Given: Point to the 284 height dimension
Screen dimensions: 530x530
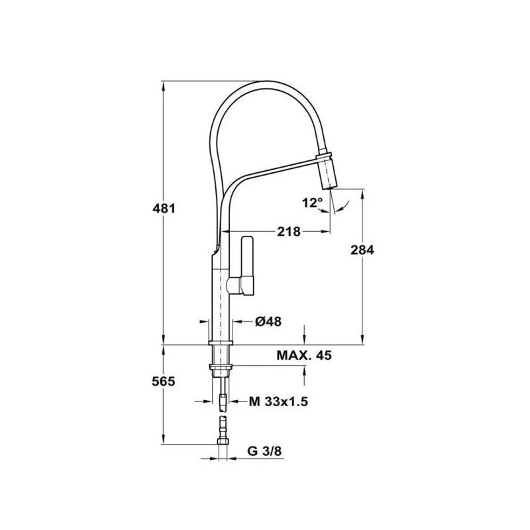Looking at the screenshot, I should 362,250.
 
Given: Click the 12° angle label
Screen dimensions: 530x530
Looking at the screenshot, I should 312,203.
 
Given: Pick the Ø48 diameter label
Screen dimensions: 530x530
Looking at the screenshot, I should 268,321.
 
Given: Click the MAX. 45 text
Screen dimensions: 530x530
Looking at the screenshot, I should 303,356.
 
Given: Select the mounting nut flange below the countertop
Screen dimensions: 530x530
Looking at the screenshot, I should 220,365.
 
